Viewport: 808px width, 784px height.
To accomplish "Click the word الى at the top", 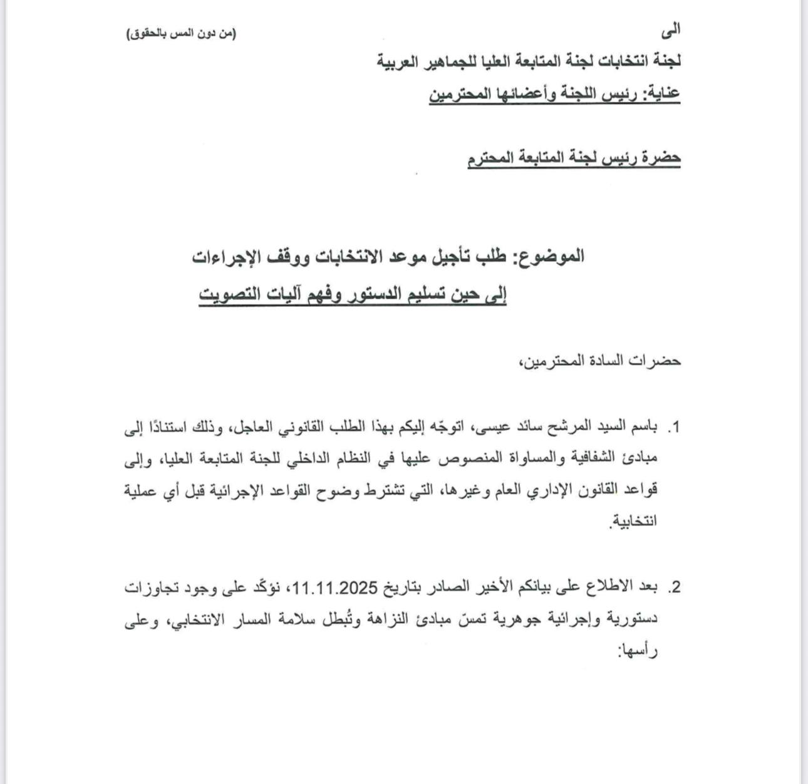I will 671,29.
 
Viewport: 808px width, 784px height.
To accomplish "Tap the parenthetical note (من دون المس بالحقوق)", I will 182,34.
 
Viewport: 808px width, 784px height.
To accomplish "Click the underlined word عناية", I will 662,94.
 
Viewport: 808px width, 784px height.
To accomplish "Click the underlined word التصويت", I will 225,293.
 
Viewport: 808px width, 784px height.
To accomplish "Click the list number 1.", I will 674,428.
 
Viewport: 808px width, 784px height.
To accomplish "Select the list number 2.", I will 674,587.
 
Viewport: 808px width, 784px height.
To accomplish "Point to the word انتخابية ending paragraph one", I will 635,521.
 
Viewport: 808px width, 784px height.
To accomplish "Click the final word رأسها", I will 639,651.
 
